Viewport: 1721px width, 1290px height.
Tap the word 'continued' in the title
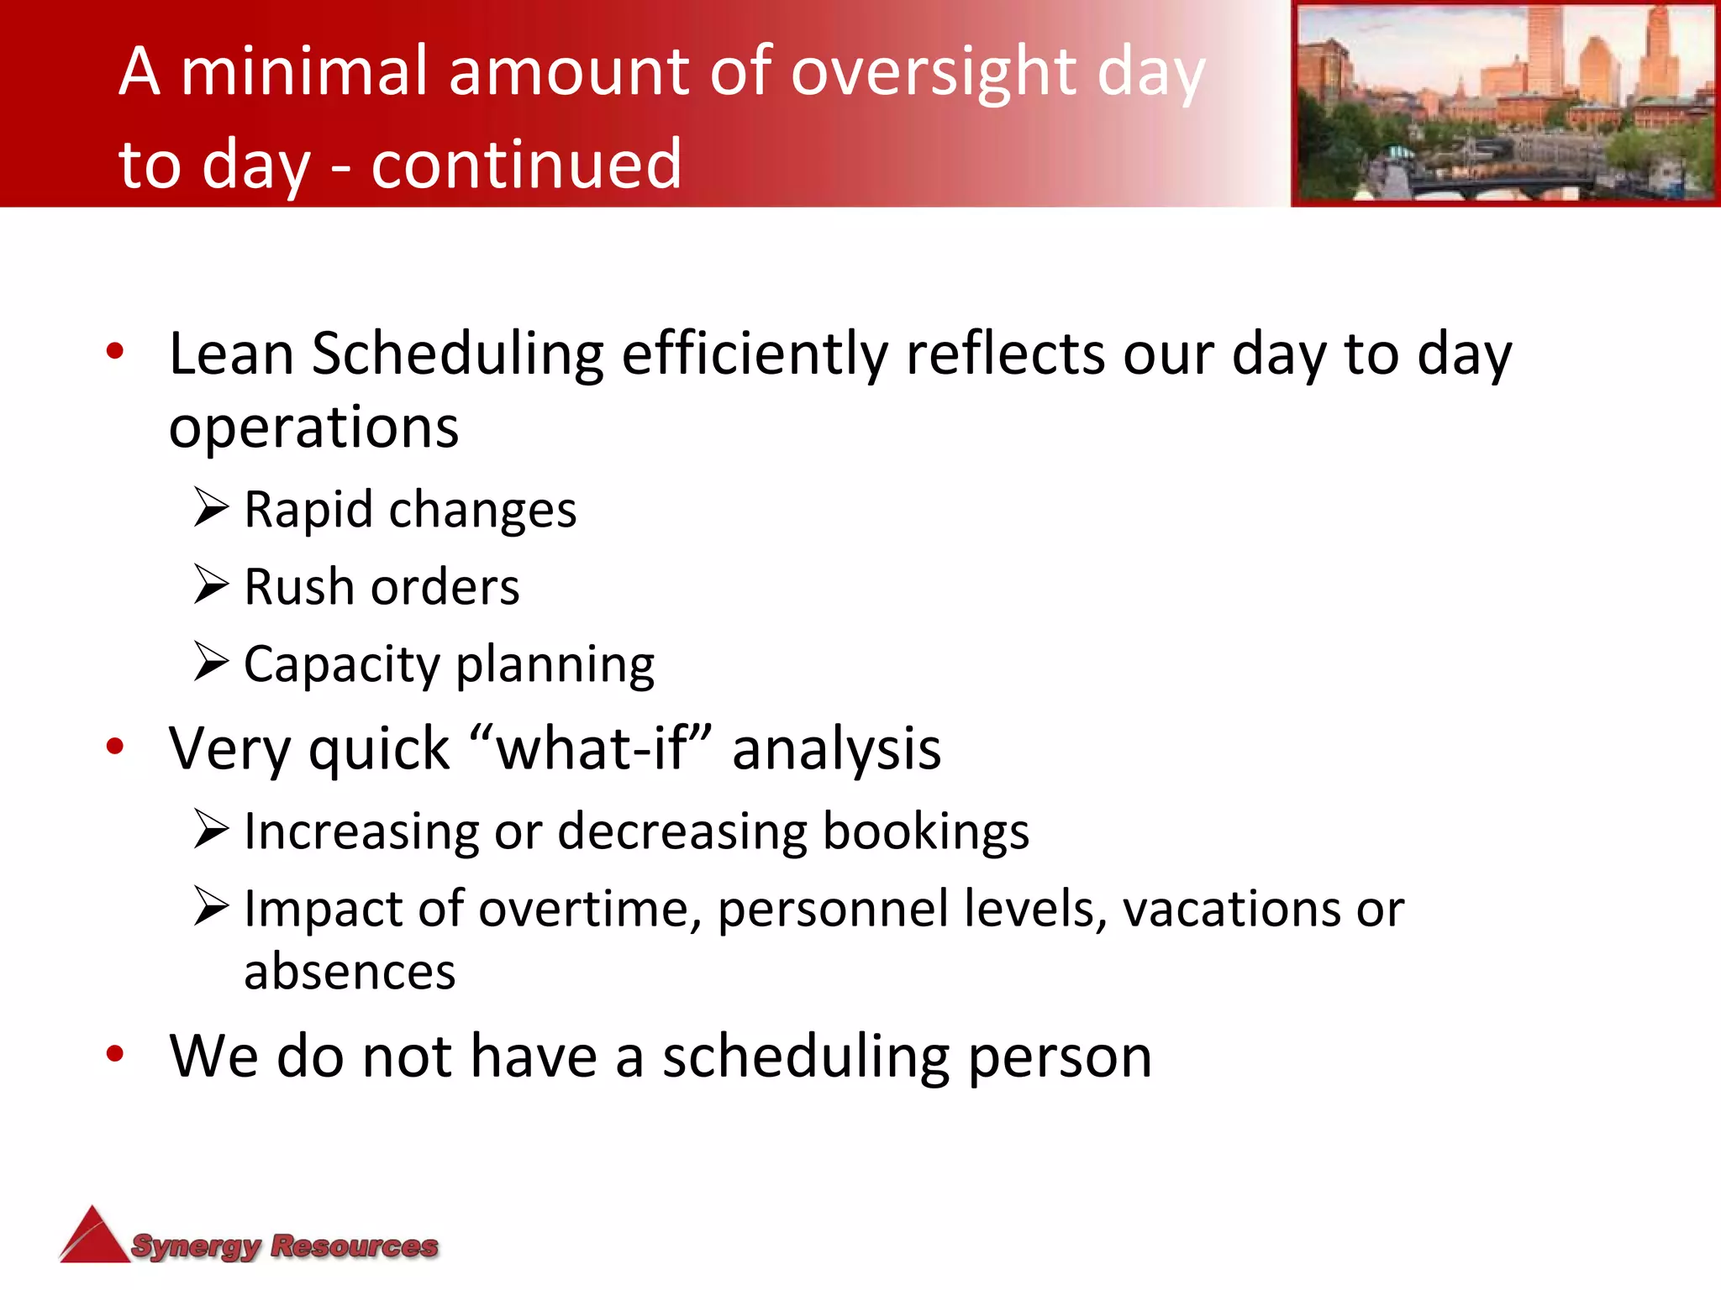(526, 164)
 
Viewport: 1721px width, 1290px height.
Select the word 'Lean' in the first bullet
(231, 354)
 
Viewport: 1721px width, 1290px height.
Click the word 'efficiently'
(754, 354)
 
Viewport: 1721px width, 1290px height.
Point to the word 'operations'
(313, 427)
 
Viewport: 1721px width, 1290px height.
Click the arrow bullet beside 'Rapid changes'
(210, 507)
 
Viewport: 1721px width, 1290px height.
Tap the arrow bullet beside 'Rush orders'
(210, 585)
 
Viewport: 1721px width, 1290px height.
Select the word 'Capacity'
(341, 665)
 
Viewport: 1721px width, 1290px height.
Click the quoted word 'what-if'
(592, 748)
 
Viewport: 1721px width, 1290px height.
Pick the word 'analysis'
(836, 748)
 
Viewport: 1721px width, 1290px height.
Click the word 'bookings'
(925, 831)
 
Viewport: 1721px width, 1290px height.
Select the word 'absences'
(350, 973)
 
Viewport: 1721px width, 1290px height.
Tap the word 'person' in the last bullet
(1060, 1057)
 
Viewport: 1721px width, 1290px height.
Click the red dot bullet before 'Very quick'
(115, 746)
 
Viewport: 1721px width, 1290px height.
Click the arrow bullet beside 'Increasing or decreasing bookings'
(210, 829)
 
